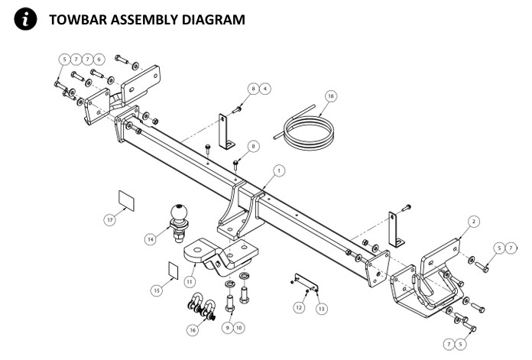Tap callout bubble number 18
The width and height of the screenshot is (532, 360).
(x=330, y=96)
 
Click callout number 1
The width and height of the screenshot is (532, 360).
(x=279, y=170)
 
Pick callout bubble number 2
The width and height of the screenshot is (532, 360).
(x=474, y=221)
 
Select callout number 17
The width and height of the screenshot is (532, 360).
(x=110, y=219)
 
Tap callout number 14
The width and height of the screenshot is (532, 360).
(x=151, y=238)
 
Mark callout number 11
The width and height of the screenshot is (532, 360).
(x=189, y=281)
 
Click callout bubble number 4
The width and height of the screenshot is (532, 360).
(x=264, y=89)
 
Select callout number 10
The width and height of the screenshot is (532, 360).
(x=239, y=327)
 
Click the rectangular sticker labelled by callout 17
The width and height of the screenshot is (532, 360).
(x=126, y=200)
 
